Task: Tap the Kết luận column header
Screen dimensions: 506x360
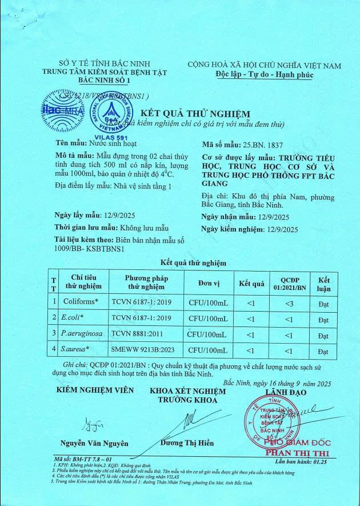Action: coord(324,283)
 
